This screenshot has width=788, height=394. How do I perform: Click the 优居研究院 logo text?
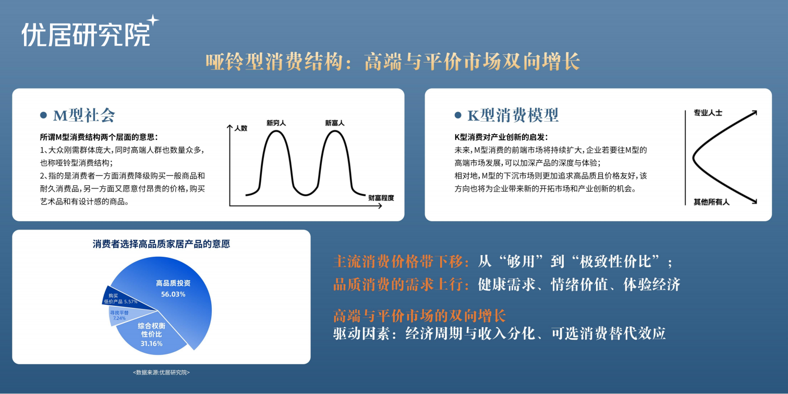click(86, 34)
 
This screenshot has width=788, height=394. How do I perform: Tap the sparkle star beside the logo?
click(153, 20)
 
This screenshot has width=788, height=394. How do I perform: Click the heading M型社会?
click(84, 115)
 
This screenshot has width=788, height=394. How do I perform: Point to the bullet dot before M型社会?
click(43, 115)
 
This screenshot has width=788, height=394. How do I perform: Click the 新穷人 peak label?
click(276, 123)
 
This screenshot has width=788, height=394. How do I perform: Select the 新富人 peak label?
click(335, 123)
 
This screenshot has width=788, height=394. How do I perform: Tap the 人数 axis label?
click(241, 128)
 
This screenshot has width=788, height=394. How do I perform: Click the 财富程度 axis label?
click(381, 198)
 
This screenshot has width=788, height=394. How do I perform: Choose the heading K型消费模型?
click(513, 115)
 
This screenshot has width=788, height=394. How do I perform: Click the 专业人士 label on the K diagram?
click(708, 113)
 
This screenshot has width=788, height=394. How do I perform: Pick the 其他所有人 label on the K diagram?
click(711, 202)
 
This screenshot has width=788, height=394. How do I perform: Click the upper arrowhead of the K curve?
click(754, 113)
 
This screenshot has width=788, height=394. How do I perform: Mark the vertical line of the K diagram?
click(685, 158)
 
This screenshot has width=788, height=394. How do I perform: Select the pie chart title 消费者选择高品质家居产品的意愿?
click(162, 244)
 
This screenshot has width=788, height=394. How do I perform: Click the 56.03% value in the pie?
click(173, 294)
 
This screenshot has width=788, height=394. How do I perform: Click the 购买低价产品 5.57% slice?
click(118, 299)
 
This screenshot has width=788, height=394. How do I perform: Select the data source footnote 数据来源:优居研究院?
click(162, 373)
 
